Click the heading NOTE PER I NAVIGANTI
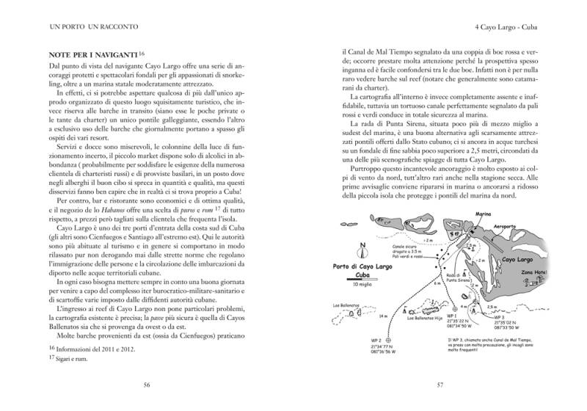click(94, 55)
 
